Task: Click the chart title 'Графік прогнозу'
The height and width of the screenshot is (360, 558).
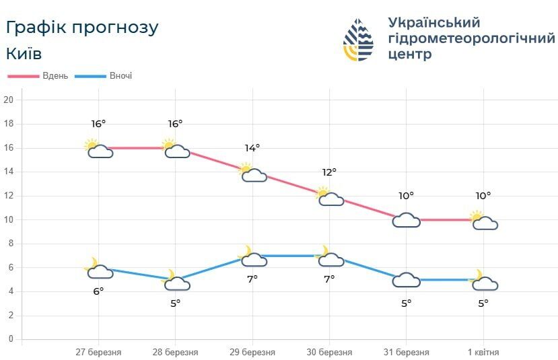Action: [82, 28]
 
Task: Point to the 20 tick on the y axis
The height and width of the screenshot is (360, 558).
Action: [9, 100]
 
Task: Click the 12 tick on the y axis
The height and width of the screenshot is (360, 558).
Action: [9, 196]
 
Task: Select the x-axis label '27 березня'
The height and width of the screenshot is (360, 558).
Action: [98, 353]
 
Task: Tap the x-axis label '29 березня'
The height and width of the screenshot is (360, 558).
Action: [252, 353]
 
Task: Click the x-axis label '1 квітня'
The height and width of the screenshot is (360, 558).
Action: [483, 353]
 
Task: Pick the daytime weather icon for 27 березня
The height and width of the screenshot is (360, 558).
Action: [98, 149]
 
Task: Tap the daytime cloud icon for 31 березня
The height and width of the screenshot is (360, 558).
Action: [406, 220]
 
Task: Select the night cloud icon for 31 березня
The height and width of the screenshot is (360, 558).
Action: [406, 280]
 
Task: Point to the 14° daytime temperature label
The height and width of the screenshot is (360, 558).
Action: [252, 148]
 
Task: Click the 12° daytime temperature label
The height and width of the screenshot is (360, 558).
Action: [329, 172]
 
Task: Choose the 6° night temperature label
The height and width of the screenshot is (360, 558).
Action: [98, 291]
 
